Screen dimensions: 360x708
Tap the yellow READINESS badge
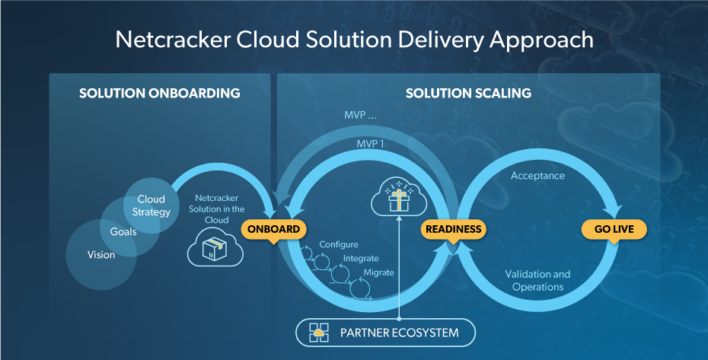pos(453,229)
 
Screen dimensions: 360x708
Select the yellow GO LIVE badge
pos(614,229)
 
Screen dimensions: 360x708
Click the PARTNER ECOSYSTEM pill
pos(387,333)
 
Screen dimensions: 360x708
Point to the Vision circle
pos(100,255)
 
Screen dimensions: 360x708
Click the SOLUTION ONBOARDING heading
pos(160,94)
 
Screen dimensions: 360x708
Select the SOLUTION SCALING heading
pos(468,94)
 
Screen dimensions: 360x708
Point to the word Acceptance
pos(537,176)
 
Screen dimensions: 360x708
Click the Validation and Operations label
pos(537,280)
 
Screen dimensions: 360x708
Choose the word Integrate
pos(360,259)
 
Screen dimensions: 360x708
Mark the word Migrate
pos(378,272)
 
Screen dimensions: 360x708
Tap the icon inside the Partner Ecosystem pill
pos(318,333)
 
